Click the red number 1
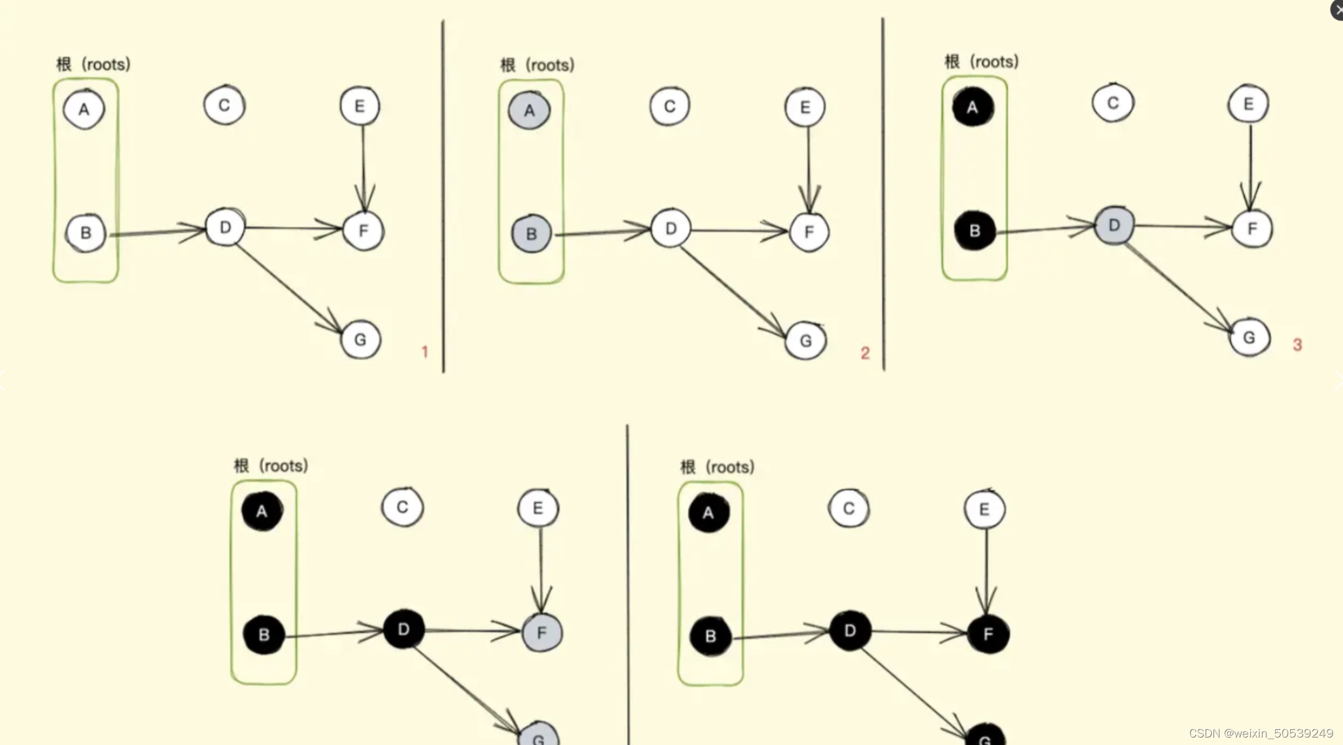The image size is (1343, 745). click(425, 352)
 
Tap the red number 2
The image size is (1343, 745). click(865, 353)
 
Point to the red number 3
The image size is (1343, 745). click(1297, 344)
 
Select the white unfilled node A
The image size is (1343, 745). click(84, 109)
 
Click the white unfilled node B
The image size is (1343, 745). click(86, 232)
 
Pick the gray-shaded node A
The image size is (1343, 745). click(529, 110)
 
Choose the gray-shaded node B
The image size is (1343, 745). click(531, 234)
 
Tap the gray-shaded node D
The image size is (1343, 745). click(1114, 225)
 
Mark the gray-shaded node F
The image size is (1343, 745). click(541, 633)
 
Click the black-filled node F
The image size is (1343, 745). click(988, 634)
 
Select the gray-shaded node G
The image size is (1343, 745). click(539, 736)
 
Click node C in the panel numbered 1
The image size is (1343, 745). click(224, 105)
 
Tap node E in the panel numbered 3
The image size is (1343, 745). click(1248, 103)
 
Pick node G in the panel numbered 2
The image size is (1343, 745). click(805, 341)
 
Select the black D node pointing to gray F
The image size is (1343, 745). click(404, 629)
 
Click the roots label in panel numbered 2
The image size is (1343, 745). click(537, 65)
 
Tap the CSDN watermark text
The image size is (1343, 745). click(1260, 733)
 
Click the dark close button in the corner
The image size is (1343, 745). click(1337, 9)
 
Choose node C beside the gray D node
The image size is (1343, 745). click(1113, 103)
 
